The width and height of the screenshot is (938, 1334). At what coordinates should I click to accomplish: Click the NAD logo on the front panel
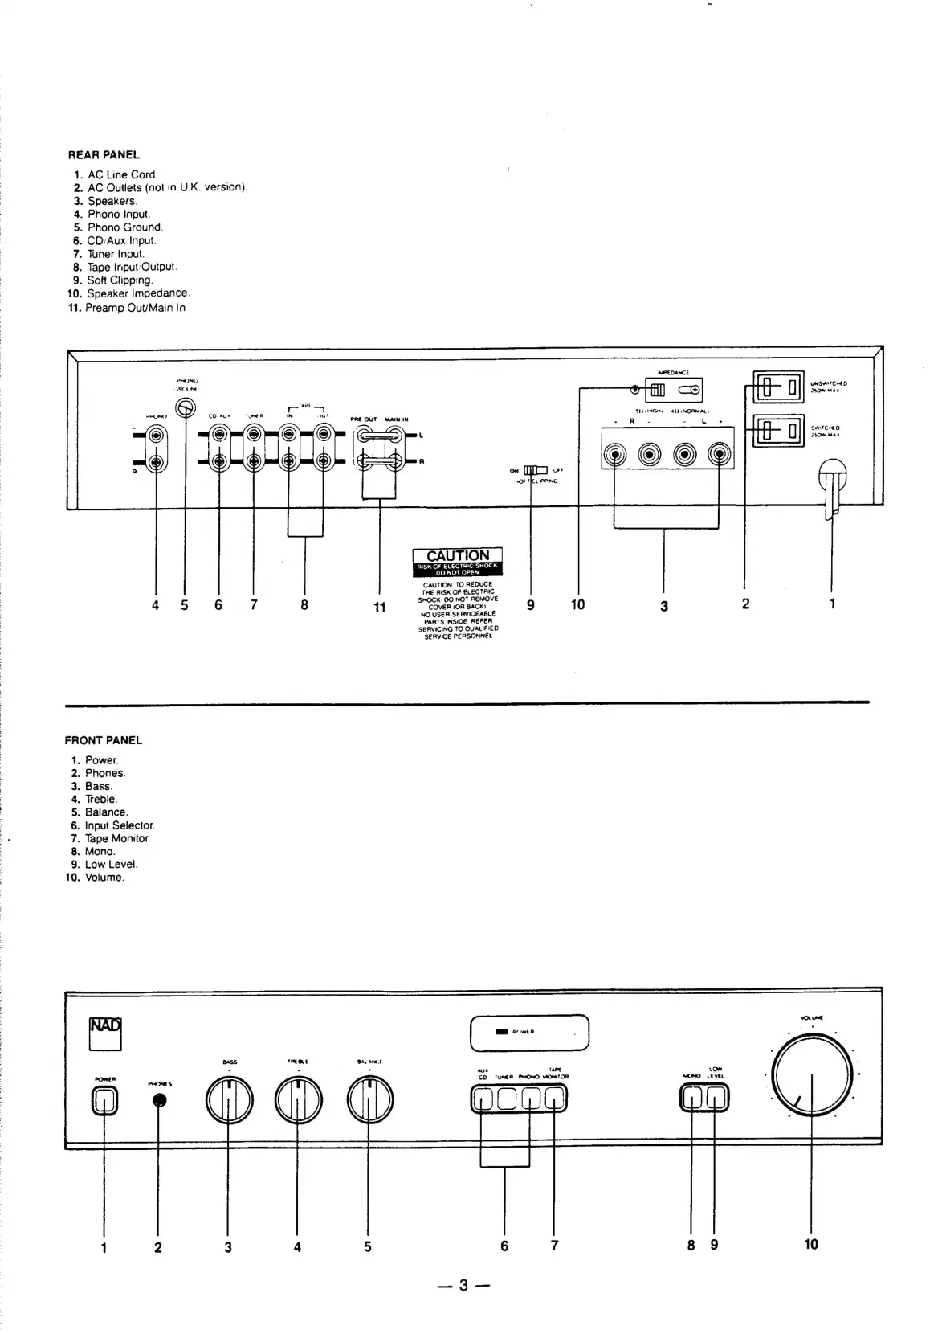105,1033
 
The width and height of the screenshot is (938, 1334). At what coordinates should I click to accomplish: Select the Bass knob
229,1101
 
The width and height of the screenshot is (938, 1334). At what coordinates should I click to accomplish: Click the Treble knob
298,1101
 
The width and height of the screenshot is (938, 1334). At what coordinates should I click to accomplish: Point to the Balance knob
369,1101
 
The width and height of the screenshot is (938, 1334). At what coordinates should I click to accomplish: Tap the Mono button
692,1098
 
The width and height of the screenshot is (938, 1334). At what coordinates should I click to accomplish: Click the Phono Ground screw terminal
186,408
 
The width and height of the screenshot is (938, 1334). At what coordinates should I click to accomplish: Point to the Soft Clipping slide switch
535,470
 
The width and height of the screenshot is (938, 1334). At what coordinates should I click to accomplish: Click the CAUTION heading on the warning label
457,555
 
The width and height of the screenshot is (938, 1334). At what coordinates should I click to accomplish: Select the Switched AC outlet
778,431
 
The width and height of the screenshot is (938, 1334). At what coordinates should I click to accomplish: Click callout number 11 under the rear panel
380,608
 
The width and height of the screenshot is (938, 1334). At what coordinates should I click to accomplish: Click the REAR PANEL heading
104,154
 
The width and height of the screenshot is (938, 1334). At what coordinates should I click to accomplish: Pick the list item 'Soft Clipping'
119,280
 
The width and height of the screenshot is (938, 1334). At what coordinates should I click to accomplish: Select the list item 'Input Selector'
119,825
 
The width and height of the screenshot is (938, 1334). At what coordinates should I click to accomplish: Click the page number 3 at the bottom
463,1285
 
